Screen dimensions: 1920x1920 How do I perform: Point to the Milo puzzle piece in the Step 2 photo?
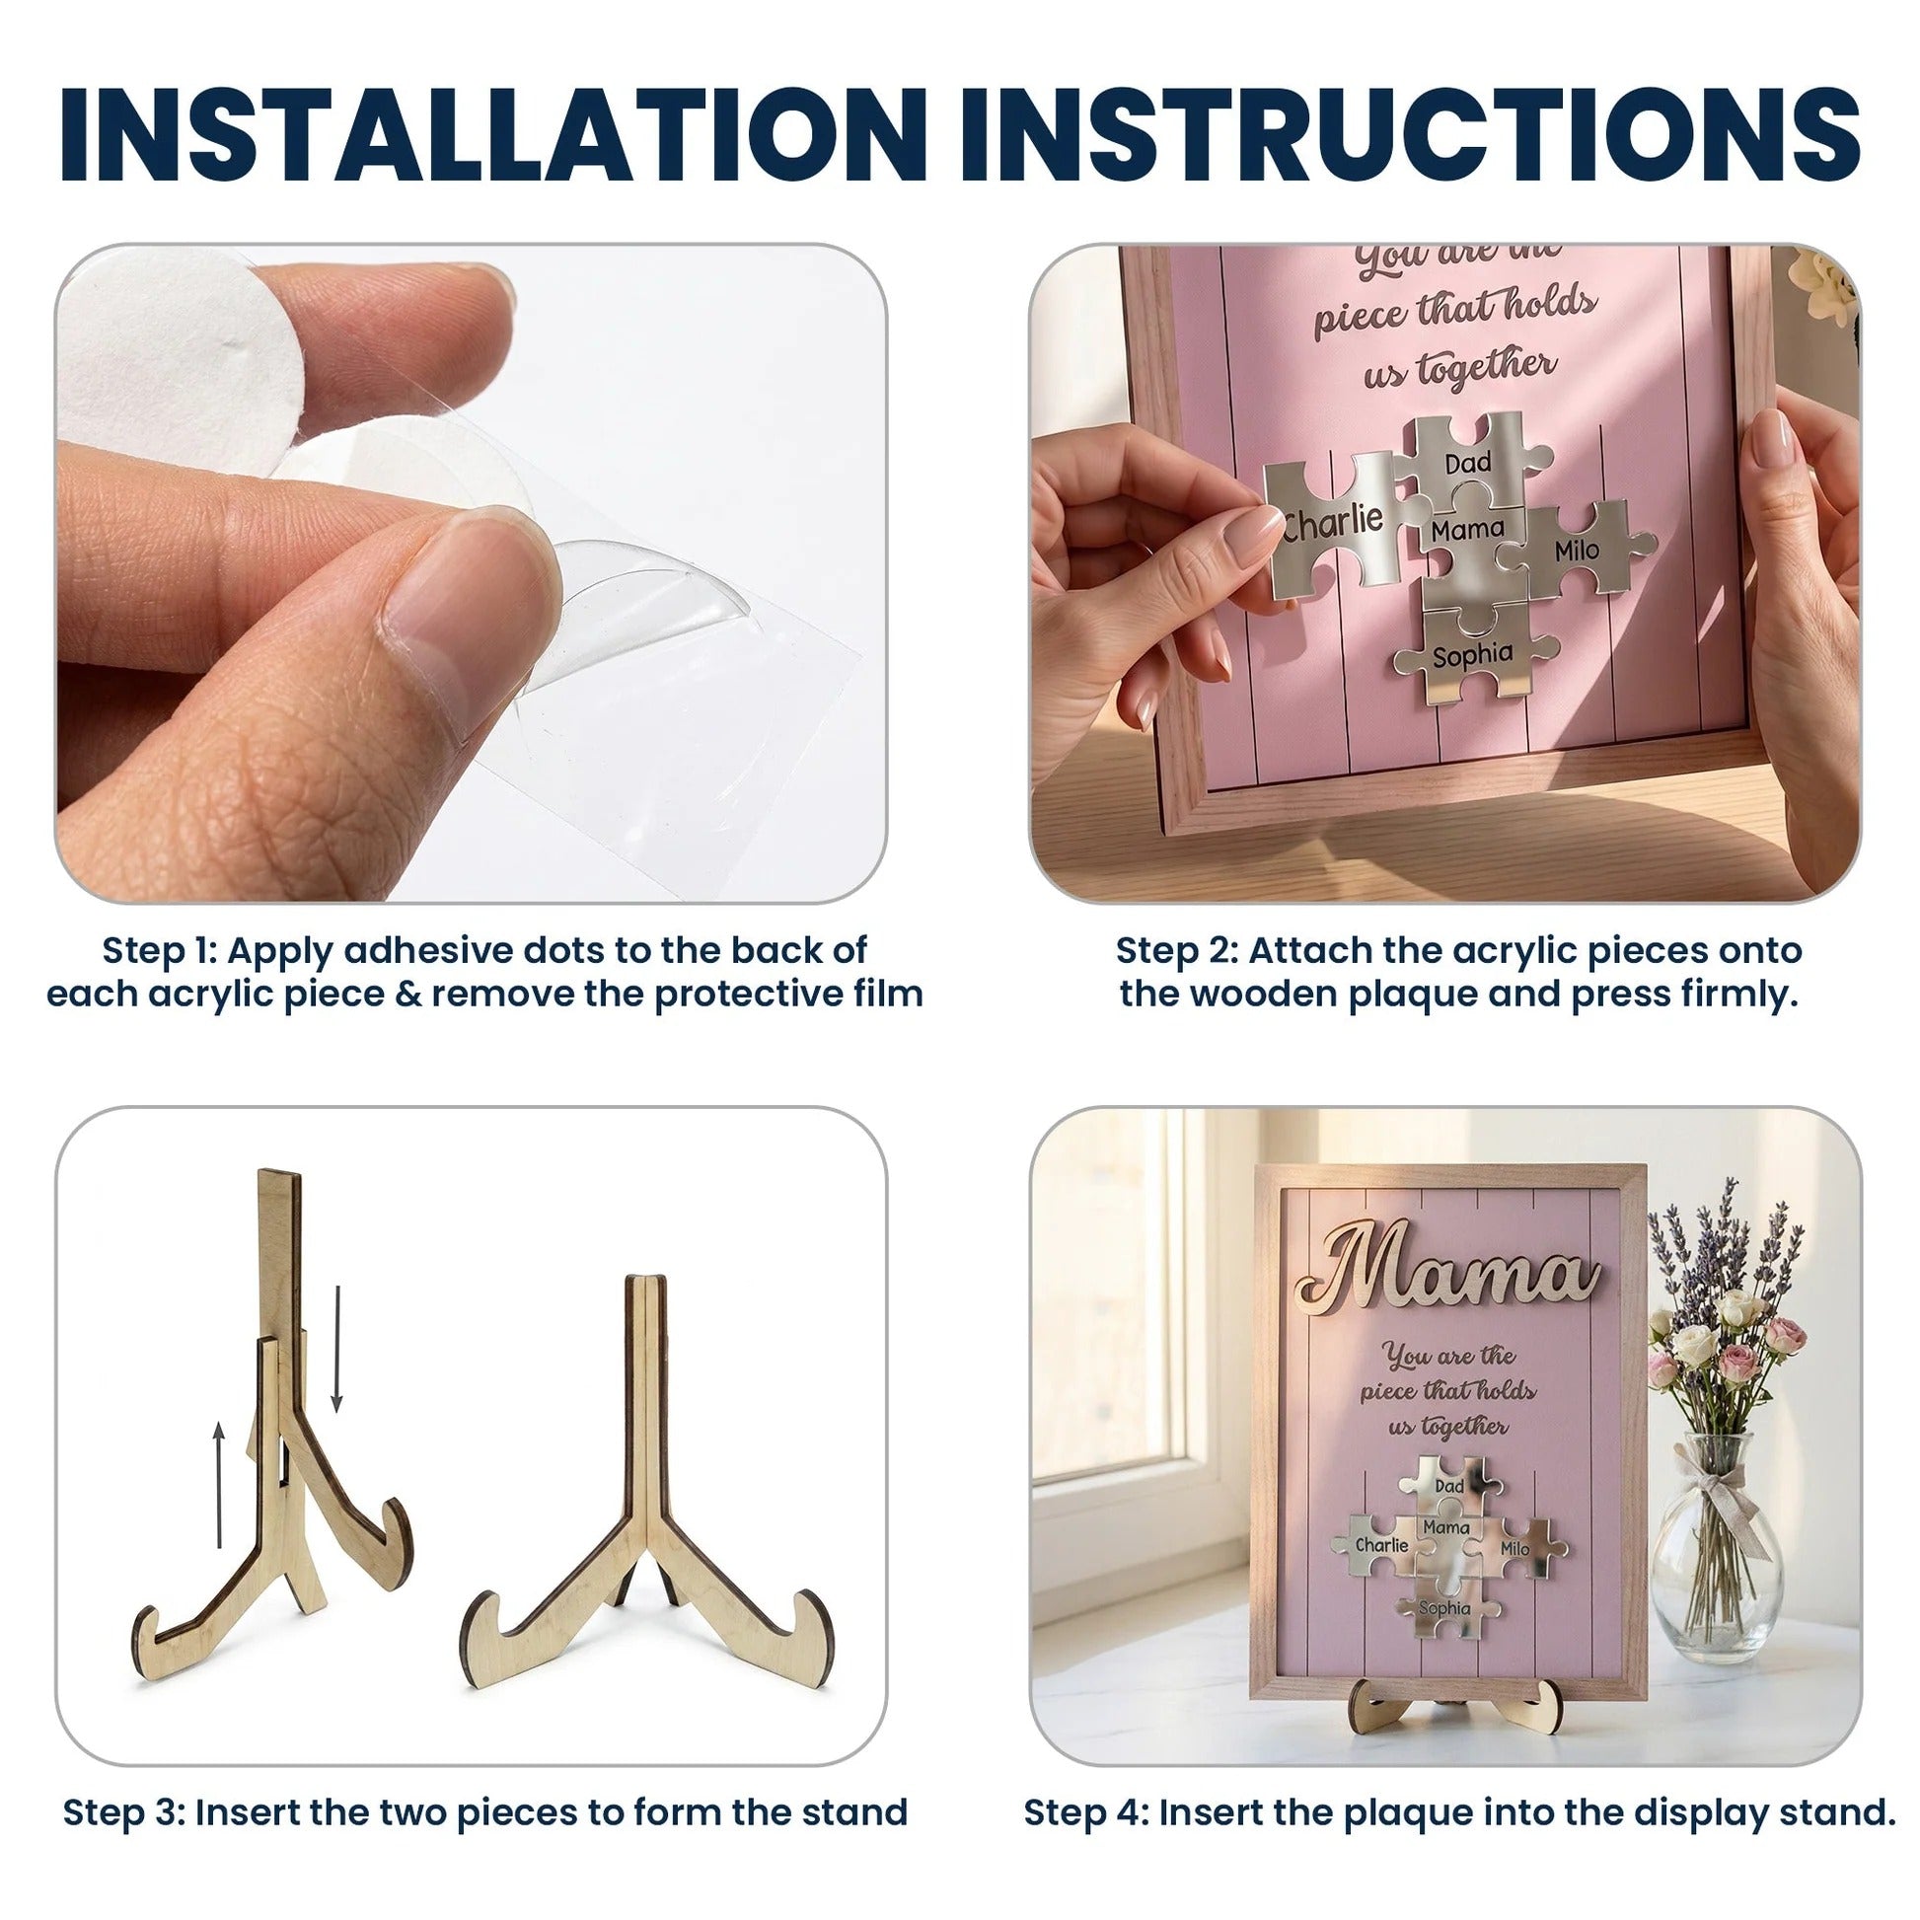tap(1575, 550)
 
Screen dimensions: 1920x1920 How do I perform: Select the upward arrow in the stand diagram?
tap(220, 1485)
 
